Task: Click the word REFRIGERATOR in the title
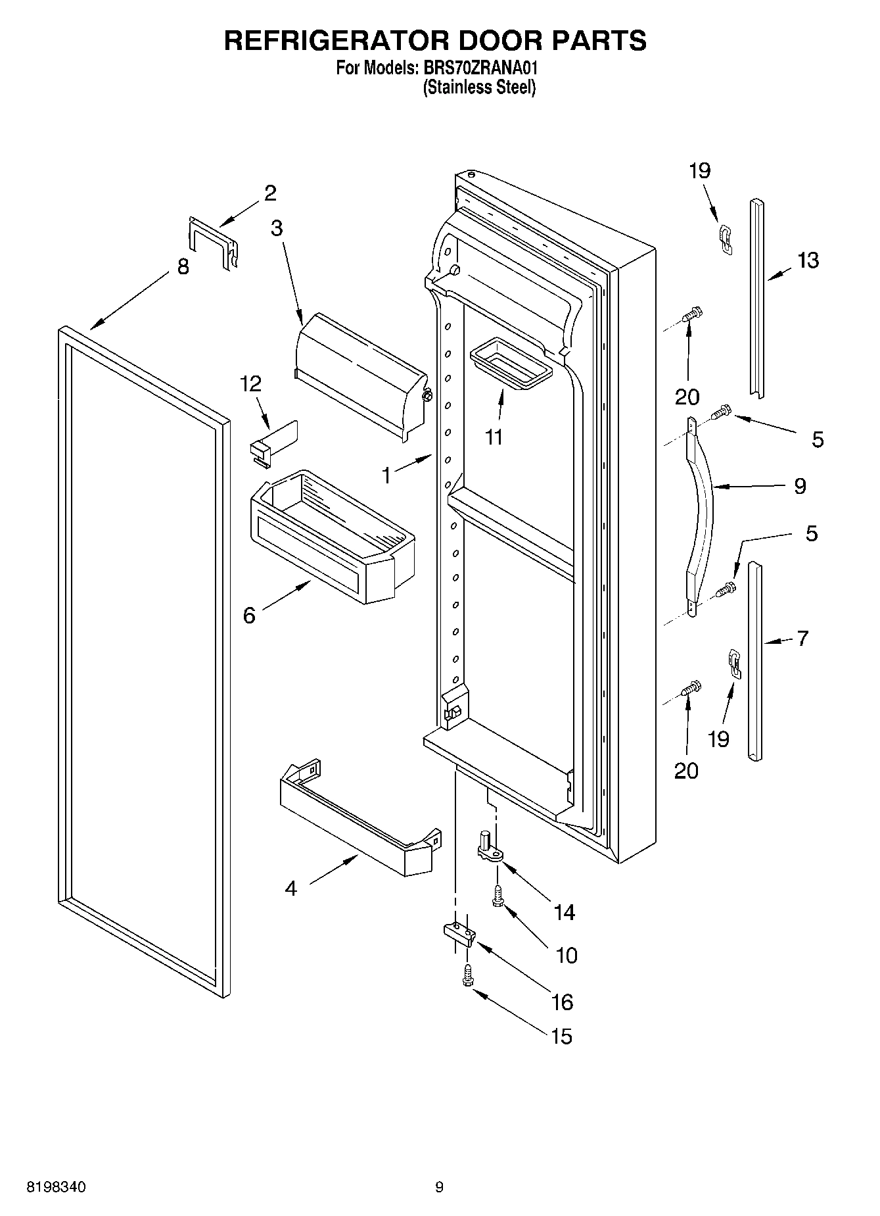[x=336, y=40]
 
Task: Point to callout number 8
[x=183, y=266]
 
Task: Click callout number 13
[x=808, y=260]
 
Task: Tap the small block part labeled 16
[x=458, y=933]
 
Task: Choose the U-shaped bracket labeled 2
[x=212, y=242]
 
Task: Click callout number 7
[x=802, y=638]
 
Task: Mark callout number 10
[x=566, y=955]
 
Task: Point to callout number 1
[x=386, y=475]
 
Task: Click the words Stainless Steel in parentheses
[x=478, y=87]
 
